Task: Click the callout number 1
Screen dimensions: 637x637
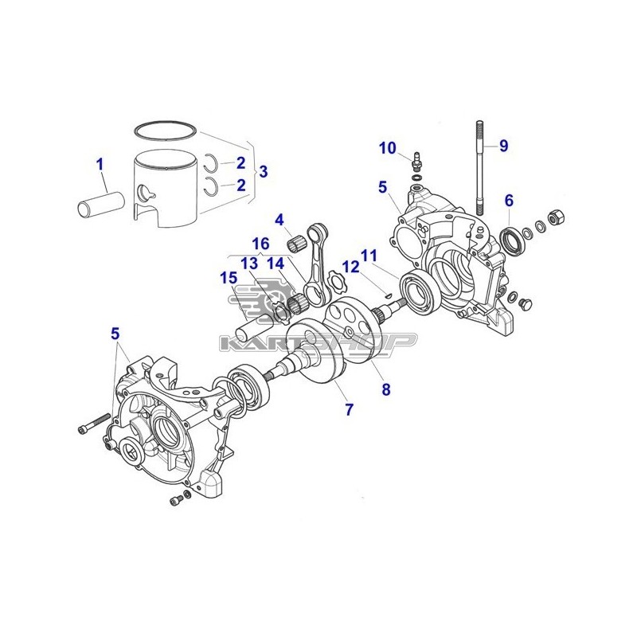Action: coord(100,165)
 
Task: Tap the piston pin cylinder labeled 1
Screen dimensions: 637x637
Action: coord(102,205)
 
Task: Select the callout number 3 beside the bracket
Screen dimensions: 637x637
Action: coord(264,171)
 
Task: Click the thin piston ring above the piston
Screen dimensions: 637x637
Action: coord(166,130)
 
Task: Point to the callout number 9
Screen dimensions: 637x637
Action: coord(504,146)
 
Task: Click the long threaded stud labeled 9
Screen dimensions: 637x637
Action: coord(479,166)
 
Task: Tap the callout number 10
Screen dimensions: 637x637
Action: coord(388,148)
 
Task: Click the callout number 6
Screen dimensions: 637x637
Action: coord(509,201)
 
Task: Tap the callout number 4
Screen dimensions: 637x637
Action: coord(279,221)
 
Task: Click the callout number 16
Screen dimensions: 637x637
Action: coord(260,244)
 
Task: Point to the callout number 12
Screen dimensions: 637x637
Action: coord(351,267)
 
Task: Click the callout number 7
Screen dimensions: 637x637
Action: coord(350,409)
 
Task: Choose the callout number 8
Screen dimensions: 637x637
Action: coord(386,389)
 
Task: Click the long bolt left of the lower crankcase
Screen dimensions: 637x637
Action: coord(93,424)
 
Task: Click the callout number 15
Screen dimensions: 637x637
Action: coord(229,278)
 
